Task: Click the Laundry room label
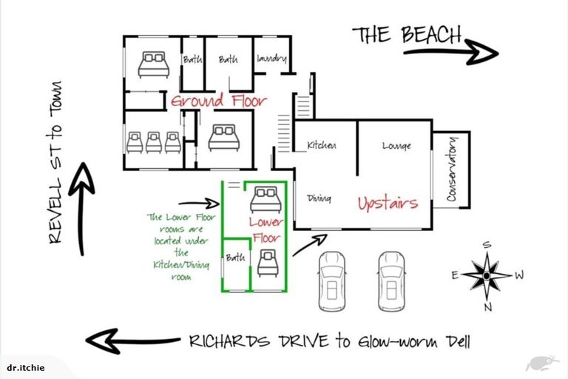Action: tap(271, 58)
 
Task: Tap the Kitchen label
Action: tap(321, 145)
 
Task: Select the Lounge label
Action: tap(396, 146)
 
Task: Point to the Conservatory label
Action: tap(452, 169)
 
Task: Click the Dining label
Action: tap(319, 198)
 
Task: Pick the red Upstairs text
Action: tap(388, 203)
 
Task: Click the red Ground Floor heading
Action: tap(219, 101)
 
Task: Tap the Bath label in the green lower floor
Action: tap(235, 258)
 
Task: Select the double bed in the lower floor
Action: tap(266, 199)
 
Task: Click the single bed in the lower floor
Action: tap(268, 263)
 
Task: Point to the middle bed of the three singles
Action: tap(154, 142)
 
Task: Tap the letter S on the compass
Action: tap(487, 245)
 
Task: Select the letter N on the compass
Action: tap(488, 307)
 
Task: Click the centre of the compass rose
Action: tap(487, 275)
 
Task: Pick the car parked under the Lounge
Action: tap(391, 281)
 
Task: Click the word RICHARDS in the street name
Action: tap(229, 341)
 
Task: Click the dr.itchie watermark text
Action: tap(26, 368)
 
